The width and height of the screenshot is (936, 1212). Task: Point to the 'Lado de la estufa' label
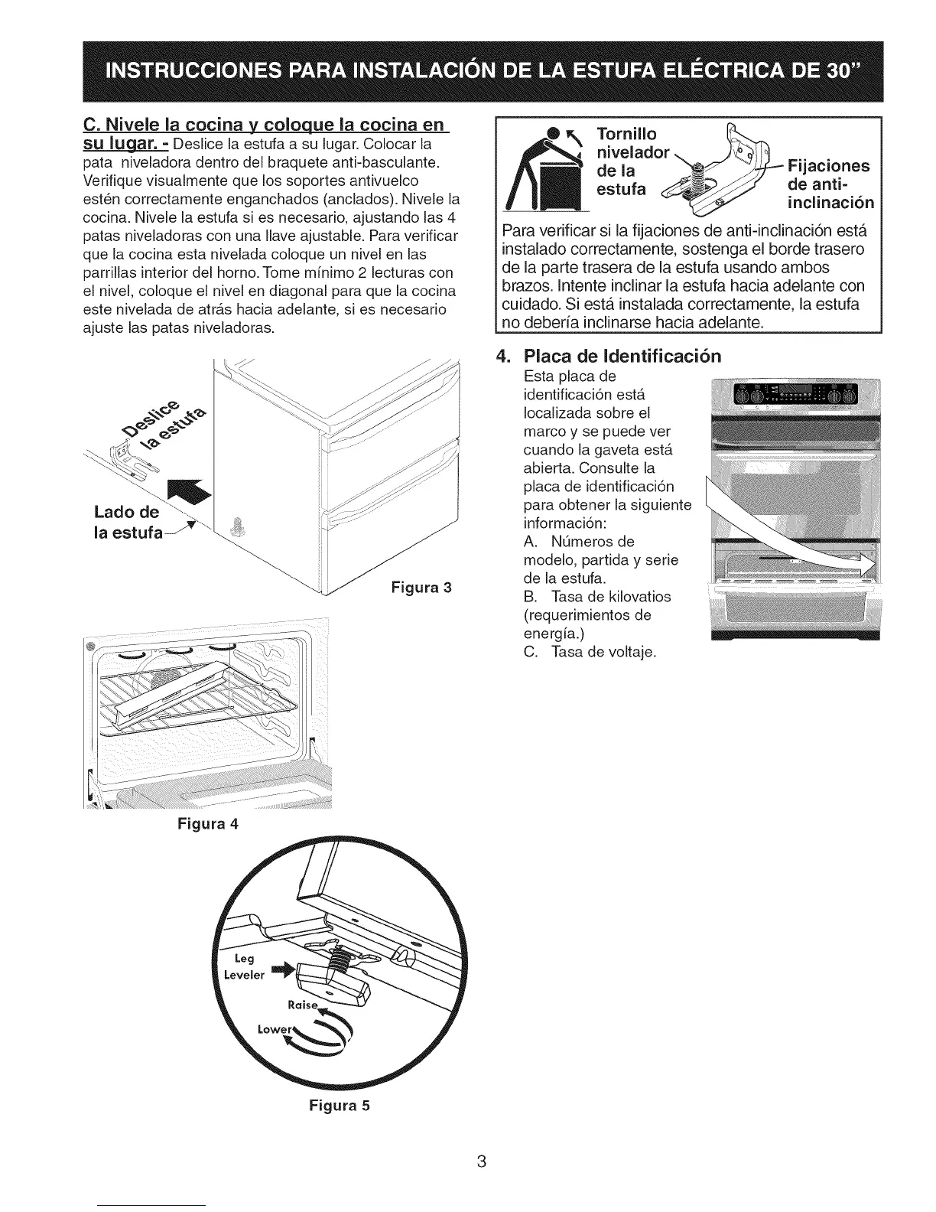click(128, 522)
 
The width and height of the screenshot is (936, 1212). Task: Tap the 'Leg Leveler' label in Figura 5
click(244, 966)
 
